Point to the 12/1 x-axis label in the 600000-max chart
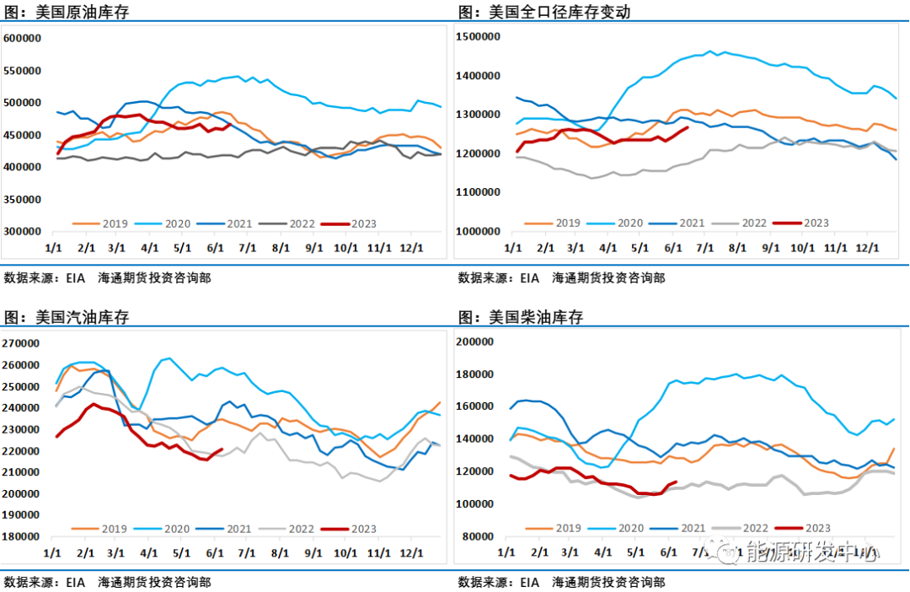pos(412,248)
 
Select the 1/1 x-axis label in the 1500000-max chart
pos(513,249)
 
